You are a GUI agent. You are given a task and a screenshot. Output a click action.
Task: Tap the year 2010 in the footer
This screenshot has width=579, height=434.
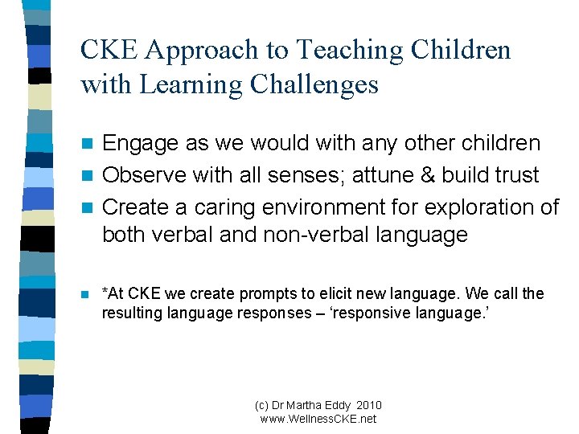click(x=367, y=405)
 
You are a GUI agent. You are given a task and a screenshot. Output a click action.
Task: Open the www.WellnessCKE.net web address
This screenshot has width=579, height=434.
click(x=318, y=419)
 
